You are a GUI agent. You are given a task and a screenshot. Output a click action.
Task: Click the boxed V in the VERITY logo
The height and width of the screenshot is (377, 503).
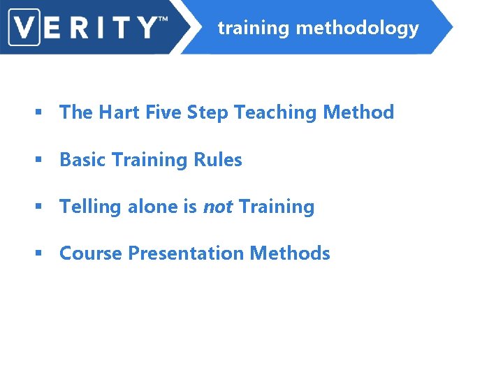[25, 27]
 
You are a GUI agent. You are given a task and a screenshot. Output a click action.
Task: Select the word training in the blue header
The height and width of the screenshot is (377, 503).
[253, 29]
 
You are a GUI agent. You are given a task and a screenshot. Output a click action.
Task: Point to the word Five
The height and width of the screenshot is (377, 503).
[160, 112]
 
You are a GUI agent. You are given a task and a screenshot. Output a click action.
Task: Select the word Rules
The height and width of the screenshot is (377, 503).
[218, 160]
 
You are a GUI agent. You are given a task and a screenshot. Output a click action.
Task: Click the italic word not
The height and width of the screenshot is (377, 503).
[218, 207]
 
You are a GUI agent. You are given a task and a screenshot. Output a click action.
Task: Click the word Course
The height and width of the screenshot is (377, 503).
[91, 253]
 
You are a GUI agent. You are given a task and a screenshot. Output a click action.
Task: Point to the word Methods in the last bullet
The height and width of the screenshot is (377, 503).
[289, 253]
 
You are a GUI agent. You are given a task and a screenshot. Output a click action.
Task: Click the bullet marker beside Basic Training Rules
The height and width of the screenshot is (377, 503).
[41, 161]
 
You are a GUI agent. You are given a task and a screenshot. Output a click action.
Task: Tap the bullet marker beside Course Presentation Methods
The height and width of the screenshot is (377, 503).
[41, 254]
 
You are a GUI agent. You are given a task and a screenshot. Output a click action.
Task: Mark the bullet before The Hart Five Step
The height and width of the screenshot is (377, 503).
[41, 113]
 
